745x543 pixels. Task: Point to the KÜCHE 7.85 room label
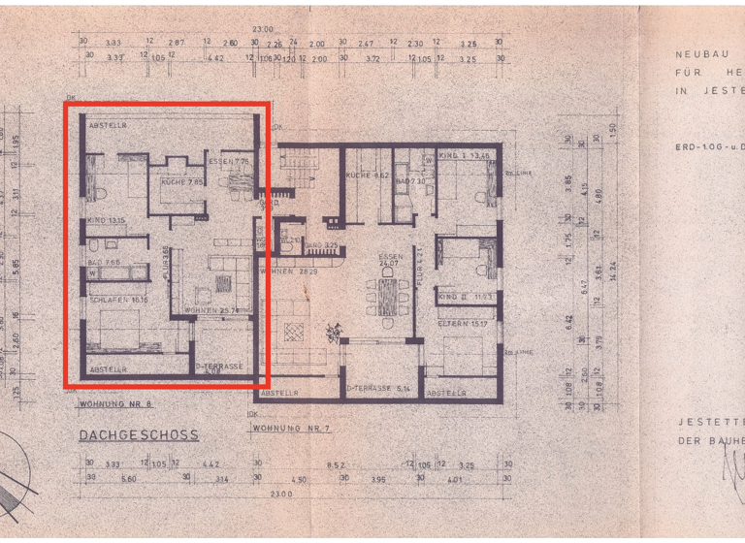click(x=182, y=181)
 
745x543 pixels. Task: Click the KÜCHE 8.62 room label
click(x=367, y=176)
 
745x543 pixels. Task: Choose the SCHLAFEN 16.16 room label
click(x=118, y=301)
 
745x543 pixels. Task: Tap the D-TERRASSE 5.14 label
click(x=380, y=389)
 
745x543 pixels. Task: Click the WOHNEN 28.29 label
click(x=297, y=271)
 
